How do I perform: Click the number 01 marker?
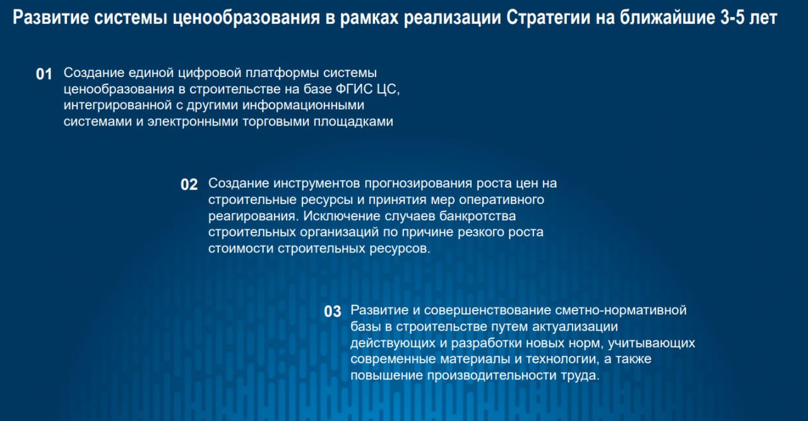click(44, 74)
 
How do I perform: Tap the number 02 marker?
click(189, 185)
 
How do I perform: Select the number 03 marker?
click(333, 312)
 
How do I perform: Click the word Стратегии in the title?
click(548, 17)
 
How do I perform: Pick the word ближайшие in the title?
click(667, 17)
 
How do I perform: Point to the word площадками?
click(353, 122)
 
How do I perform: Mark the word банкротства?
click(478, 216)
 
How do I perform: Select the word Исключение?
click(342, 216)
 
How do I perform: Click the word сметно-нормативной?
click(621, 311)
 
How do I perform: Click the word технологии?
click(561, 359)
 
